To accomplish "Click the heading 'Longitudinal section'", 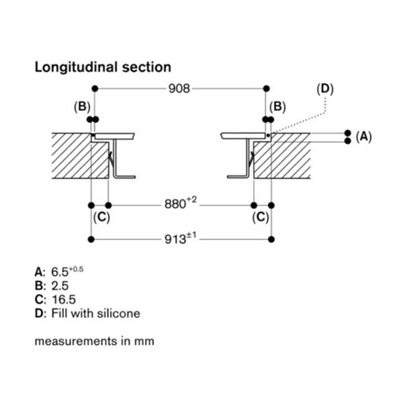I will coord(102,67).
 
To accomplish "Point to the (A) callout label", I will coord(363,137).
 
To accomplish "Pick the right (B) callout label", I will coord(277,106).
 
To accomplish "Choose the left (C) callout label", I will coord(101,217).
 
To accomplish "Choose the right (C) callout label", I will coord(261,217).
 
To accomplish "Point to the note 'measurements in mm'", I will coord(94,341).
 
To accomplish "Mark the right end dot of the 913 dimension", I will coord(270,239).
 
